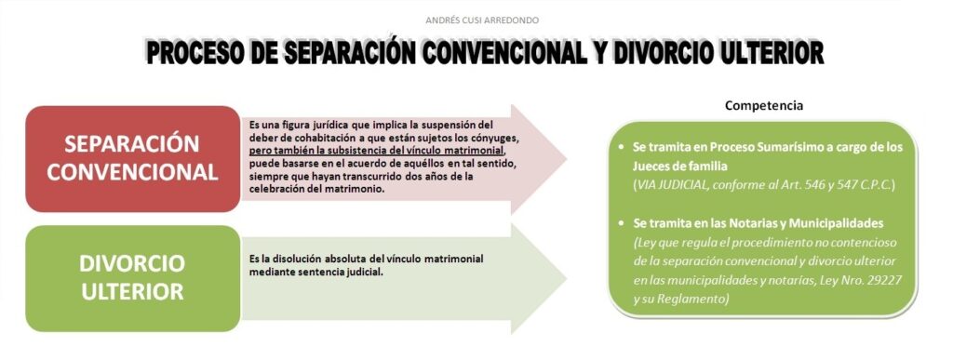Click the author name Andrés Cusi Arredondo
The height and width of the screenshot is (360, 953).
pos(482,20)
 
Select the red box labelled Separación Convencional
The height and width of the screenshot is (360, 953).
pos(132,158)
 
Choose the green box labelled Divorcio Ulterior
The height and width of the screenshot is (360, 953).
pos(132,278)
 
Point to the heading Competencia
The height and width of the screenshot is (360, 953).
pos(764,106)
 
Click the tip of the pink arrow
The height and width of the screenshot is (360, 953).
pos(567,159)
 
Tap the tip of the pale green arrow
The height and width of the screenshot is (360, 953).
pos(567,279)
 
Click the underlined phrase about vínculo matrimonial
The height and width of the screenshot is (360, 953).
pos(377,150)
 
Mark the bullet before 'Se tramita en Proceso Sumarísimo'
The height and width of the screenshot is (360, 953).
pos(621,148)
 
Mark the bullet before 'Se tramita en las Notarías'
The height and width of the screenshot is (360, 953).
pos(621,224)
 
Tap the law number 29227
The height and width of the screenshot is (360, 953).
pos(885,281)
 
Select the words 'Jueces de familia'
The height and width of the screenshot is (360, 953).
pos(680,167)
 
